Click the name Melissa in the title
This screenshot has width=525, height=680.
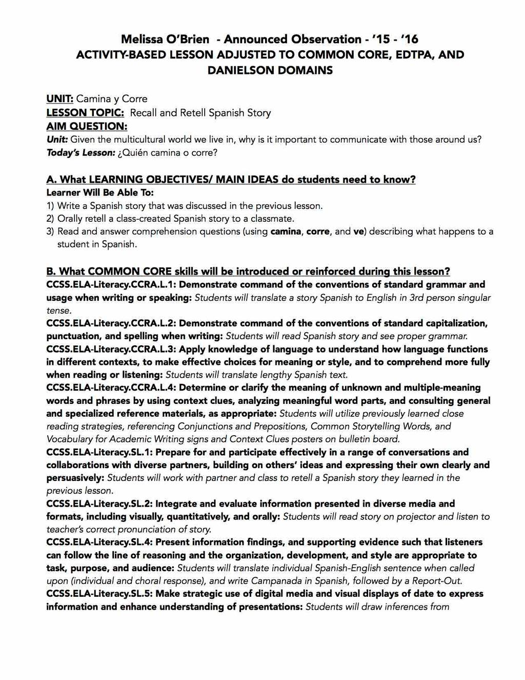[142, 40]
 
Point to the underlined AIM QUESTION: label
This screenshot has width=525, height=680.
[87, 126]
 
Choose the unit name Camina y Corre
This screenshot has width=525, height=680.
[112, 99]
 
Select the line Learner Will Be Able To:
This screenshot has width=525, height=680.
[100, 193]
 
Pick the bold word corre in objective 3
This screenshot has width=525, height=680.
[318, 231]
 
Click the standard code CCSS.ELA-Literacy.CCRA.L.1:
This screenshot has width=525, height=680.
[111, 285]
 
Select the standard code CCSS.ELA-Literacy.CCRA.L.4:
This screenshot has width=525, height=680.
[111, 388]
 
